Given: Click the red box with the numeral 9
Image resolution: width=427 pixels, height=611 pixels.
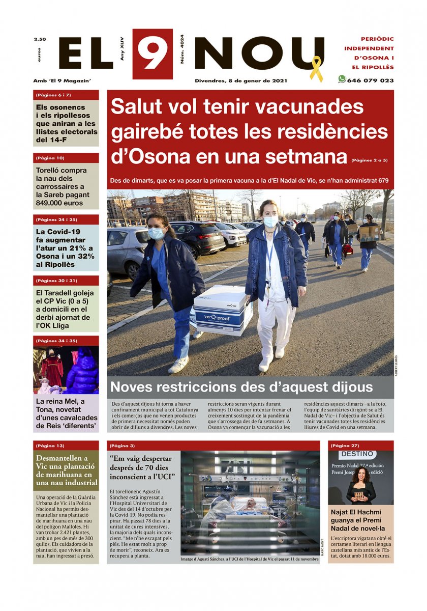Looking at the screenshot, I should (152, 53).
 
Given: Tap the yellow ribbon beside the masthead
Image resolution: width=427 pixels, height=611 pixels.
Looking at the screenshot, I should (316, 69).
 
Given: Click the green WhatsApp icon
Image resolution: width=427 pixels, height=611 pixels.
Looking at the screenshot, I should (342, 79).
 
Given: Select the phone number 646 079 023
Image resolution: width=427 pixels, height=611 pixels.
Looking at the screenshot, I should (370, 80).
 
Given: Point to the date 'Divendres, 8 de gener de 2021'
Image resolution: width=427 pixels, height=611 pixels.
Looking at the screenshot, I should (241, 80).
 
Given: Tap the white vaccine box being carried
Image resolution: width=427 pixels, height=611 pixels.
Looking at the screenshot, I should (223, 310).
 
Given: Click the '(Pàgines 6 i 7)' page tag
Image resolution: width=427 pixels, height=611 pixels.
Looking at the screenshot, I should (53, 95).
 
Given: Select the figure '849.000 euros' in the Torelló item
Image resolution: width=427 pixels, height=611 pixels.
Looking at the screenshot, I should (59, 203).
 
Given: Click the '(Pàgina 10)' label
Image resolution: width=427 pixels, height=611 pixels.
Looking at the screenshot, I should (50, 158).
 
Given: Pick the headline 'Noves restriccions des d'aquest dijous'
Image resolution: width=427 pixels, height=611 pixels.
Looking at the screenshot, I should (241, 386).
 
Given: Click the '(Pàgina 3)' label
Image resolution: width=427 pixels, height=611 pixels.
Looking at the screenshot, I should (122, 446).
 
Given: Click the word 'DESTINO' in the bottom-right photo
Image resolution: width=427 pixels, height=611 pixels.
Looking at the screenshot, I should (358, 454).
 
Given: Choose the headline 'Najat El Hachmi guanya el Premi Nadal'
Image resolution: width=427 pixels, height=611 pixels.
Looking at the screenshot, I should (360, 520).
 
